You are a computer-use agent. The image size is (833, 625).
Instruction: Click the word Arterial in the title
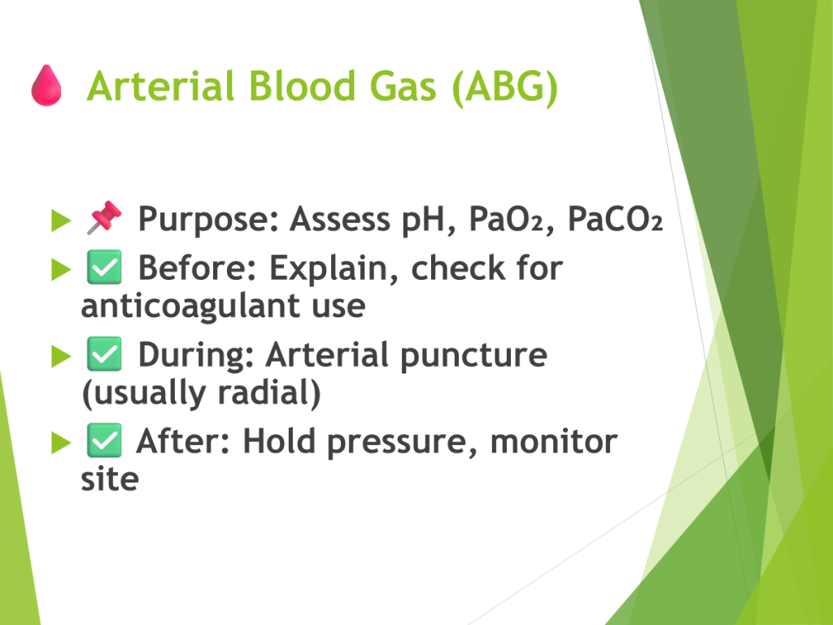tap(160, 86)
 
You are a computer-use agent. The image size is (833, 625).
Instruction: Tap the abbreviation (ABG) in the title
tap(504, 88)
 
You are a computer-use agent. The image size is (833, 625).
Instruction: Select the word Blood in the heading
tap(302, 86)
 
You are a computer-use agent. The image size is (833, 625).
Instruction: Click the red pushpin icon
tap(104, 216)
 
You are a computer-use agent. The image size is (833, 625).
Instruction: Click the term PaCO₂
tap(615, 218)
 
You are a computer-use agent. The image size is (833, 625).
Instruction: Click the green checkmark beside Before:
tap(104, 267)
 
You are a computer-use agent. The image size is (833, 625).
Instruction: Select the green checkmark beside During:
tap(104, 353)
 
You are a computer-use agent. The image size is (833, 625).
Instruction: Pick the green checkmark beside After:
tap(104, 440)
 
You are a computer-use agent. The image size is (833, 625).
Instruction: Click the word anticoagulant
tap(190, 307)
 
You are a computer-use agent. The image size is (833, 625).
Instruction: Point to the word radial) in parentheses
tap(269, 393)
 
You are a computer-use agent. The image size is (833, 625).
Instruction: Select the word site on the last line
tap(110, 479)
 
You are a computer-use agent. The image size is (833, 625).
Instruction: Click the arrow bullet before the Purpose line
tap(61, 221)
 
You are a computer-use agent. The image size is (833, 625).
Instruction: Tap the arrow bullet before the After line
tap(61, 443)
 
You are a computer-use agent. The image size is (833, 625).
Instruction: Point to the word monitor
tap(553, 442)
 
